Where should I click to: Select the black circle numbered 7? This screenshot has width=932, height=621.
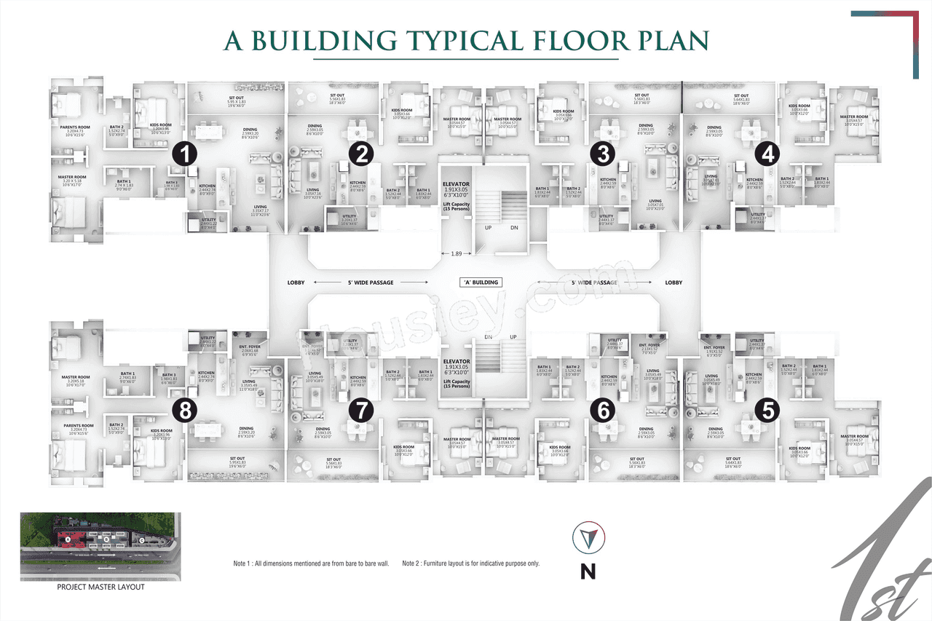pyautogui.click(x=360, y=411)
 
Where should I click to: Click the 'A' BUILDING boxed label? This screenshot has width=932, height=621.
pyautogui.click(x=481, y=282)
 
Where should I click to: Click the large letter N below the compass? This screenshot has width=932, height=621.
pyautogui.click(x=588, y=571)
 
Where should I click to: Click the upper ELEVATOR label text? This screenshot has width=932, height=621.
pyautogui.click(x=456, y=185)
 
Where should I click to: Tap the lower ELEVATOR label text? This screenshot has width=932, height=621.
pyautogui.click(x=456, y=361)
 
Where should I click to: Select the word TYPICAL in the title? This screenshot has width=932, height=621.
pyautogui.click(x=466, y=41)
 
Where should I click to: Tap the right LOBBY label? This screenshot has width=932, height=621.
pyautogui.click(x=674, y=282)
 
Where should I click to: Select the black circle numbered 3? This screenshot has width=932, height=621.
pyautogui.click(x=603, y=154)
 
